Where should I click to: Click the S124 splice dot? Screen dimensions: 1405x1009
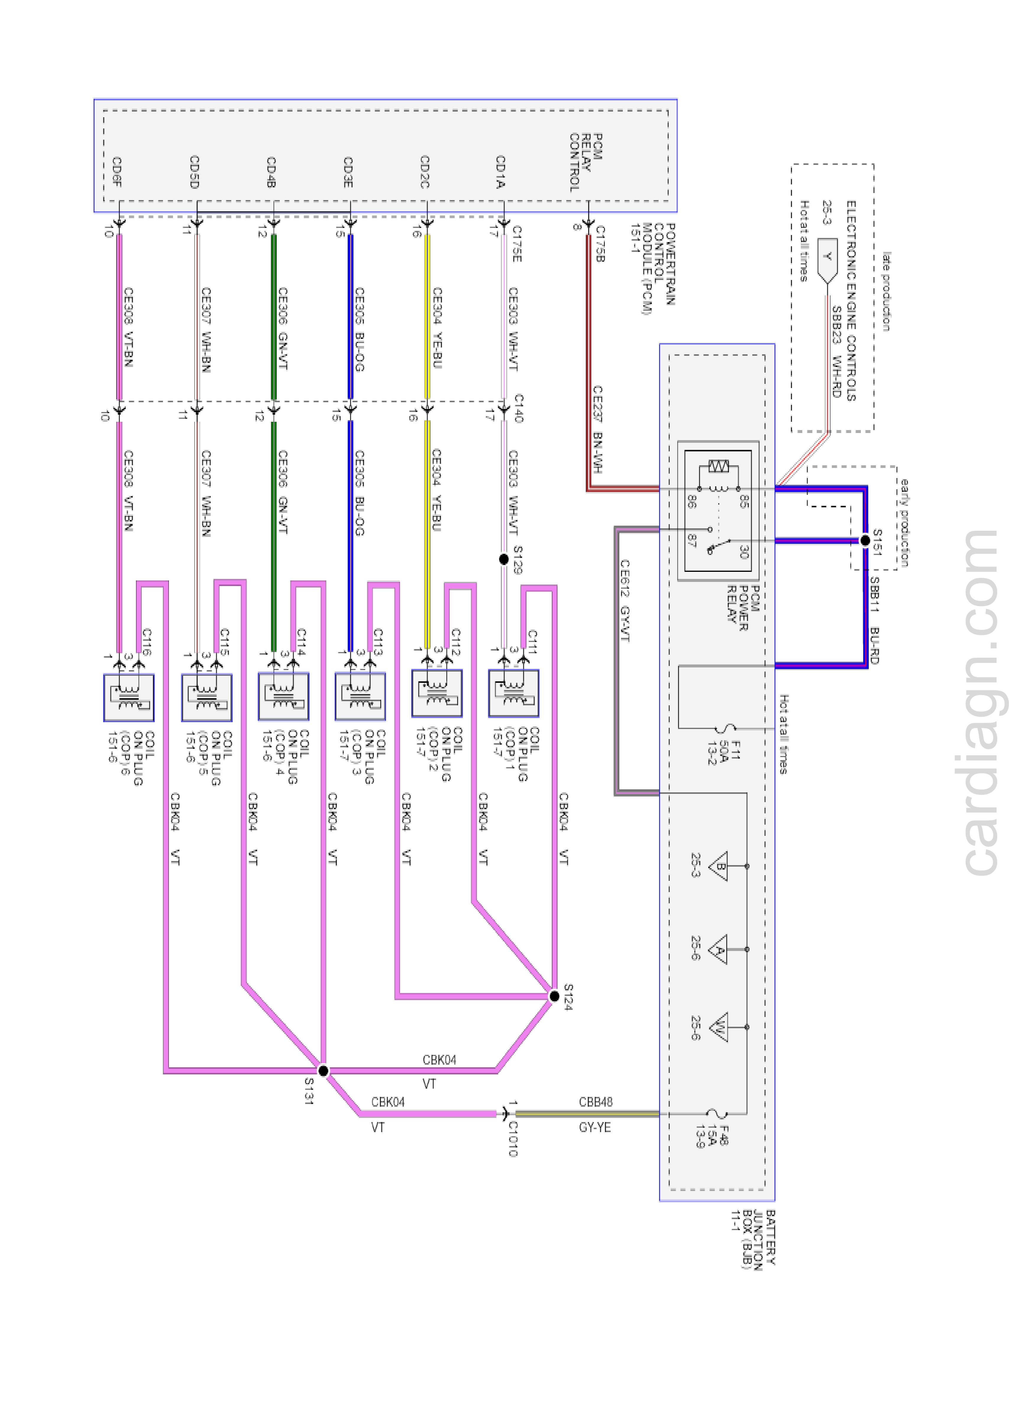[554, 996]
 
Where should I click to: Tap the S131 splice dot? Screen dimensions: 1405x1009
[323, 1071]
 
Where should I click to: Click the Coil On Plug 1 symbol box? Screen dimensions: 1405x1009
[513, 693]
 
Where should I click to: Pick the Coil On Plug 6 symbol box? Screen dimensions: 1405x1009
[129, 698]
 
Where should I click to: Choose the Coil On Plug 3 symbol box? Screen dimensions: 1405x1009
[360, 696]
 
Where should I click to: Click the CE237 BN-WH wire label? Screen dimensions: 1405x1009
[597, 429]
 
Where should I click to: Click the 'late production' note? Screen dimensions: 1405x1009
[887, 291]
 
